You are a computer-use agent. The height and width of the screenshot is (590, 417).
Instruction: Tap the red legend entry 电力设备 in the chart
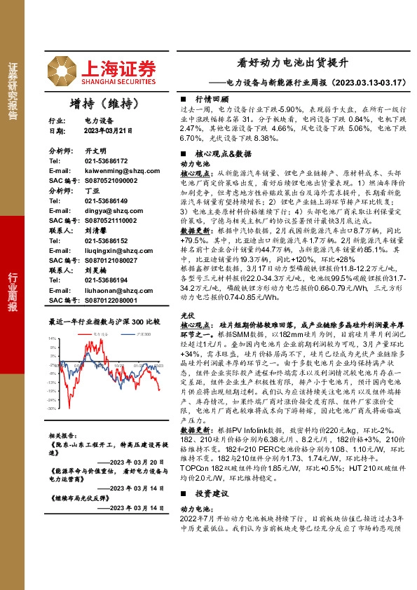coord(100,335)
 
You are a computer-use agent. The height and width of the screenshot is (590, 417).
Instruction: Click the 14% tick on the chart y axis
coord(53,338)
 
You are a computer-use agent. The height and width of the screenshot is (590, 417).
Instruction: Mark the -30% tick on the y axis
coord(52,408)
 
